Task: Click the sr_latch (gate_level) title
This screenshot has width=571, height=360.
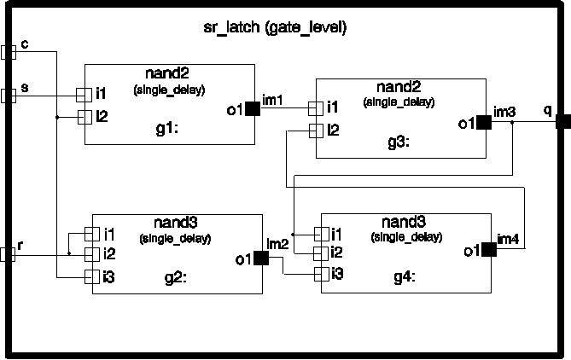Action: [x=281, y=28]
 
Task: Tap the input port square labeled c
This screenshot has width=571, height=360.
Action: [x=9, y=52]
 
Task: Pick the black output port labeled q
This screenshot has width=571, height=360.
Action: [x=563, y=122]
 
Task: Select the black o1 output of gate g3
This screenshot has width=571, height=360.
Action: [x=484, y=123]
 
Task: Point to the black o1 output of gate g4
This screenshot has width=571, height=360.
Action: [x=488, y=250]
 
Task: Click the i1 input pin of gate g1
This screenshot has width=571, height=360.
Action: [x=84, y=94]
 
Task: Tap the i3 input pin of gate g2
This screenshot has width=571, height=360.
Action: [x=91, y=276]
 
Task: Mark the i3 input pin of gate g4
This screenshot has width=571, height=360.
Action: [x=321, y=273]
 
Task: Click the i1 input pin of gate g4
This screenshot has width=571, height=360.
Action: [x=321, y=234]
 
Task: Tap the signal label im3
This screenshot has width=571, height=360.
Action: [x=504, y=111]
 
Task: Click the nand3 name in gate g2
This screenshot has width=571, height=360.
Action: [x=177, y=223]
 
